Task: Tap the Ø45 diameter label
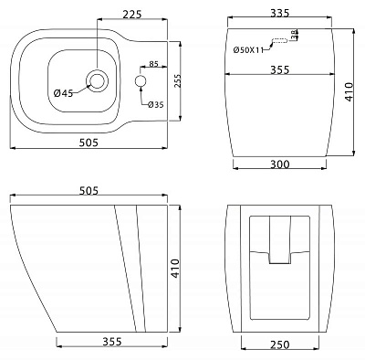pyautogui.click(x=63, y=92)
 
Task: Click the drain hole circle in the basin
pyautogui.click(x=96, y=80)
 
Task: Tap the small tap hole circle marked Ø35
pyautogui.click(x=140, y=82)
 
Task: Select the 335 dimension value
pyautogui.click(x=280, y=14)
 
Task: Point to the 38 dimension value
pyautogui.click(x=294, y=36)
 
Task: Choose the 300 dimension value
pyautogui.click(x=280, y=164)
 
